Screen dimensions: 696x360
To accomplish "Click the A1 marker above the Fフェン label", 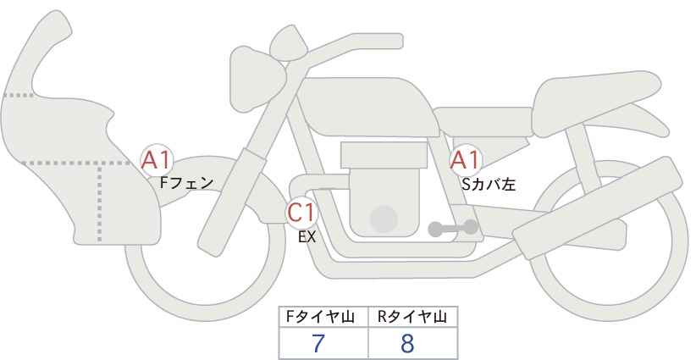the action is (x=156, y=160).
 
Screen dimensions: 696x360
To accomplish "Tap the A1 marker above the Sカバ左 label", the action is (x=465, y=160).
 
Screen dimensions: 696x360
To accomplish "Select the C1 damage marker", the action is (x=301, y=213).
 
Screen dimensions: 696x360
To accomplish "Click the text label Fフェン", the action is (x=186, y=183).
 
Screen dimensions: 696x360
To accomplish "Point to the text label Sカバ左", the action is (x=489, y=184).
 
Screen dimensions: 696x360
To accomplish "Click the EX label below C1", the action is (x=307, y=237).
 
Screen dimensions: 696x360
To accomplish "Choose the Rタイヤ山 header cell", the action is (x=413, y=317).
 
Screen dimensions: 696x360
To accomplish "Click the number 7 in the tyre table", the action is (x=318, y=343).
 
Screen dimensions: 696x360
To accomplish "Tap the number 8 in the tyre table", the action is (x=407, y=343).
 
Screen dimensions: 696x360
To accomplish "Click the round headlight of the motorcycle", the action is (x=257, y=79).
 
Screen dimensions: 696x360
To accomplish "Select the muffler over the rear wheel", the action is (x=598, y=208).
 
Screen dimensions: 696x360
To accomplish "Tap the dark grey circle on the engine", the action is (x=384, y=219).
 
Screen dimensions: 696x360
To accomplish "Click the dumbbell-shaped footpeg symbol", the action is (x=453, y=228).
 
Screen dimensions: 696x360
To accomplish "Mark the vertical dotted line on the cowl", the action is (x=99, y=202).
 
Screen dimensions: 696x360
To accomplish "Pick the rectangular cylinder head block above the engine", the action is (x=384, y=155).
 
